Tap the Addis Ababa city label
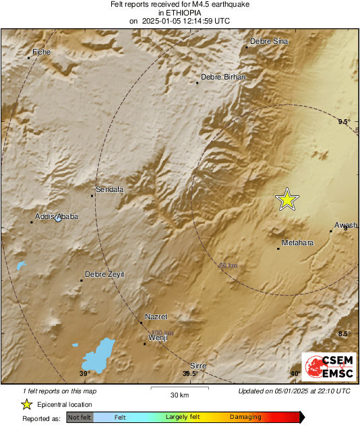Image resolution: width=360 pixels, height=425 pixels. point(57,216)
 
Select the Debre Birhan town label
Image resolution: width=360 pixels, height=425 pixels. point(223,77)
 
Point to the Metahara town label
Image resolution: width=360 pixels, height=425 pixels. point(297,242)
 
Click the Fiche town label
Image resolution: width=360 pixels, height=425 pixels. point(42,52)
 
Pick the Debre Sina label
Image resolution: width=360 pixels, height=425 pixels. point(269,42)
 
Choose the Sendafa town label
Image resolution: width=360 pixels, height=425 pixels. point(110,190)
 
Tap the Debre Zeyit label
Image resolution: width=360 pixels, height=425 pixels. point(104,274)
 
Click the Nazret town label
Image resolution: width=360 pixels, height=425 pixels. point(156,317)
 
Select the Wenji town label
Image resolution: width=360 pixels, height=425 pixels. point(157,337)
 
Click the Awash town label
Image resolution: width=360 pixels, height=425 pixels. point(345,225)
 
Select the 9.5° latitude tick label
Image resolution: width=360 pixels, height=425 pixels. point(344,121)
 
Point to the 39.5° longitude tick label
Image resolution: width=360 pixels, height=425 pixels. point(190,374)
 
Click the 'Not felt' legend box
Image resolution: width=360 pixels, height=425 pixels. point(80,418)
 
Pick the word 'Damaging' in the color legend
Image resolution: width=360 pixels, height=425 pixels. point(245,418)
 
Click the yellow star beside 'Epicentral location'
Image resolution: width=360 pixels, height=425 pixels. point(26,404)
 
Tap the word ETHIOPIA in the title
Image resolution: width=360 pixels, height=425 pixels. point(179,13)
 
